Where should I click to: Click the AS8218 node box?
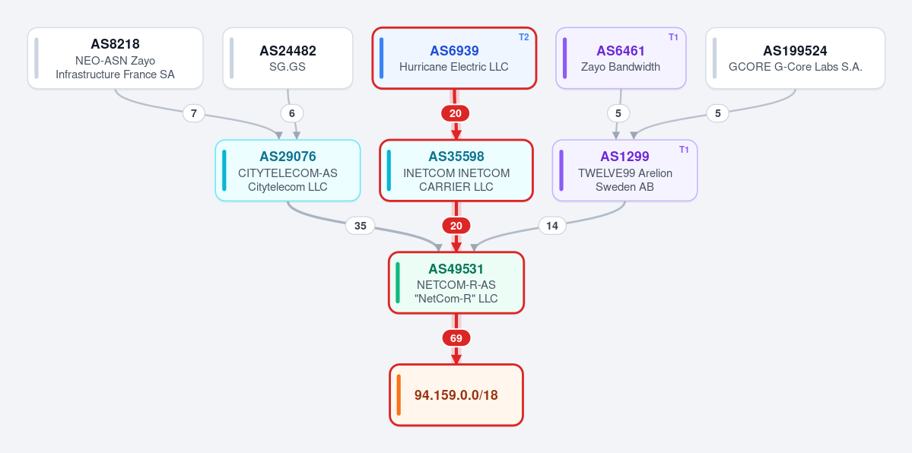(x=115, y=59)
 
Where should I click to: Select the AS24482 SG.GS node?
(x=288, y=59)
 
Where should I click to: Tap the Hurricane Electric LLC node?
(x=453, y=59)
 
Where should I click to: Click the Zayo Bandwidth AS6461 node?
(x=621, y=59)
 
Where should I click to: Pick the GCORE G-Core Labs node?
(x=795, y=59)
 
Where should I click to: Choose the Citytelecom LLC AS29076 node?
(x=288, y=170)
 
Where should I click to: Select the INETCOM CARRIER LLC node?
(x=456, y=170)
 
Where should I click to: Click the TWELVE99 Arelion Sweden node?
(x=624, y=170)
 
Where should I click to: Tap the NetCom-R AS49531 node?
(x=456, y=283)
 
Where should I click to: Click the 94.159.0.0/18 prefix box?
(x=456, y=394)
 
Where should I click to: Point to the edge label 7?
(x=194, y=113)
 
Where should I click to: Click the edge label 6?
(x=292, y=113)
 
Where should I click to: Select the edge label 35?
(x=361, y=226)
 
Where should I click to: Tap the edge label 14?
(x=552, y=226)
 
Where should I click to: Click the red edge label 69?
(x=456, y=338)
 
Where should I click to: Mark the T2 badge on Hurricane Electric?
(x=524, y=37)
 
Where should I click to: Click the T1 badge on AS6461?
(x=673, y=37)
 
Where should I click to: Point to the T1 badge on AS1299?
(x=685, y=150)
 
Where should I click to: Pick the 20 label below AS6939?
(x=456, y=113)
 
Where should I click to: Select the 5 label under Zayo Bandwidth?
(x=618, y=113)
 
